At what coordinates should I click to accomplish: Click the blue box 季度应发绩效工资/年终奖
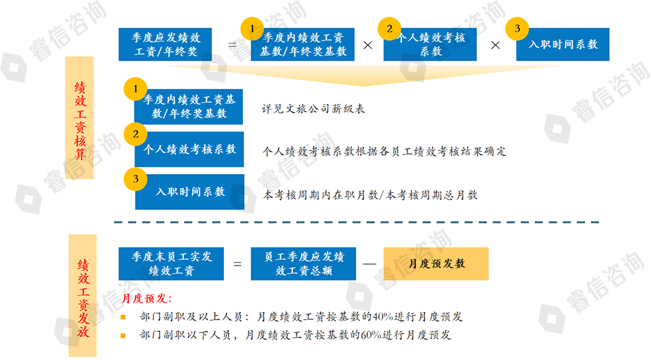pos(164,44)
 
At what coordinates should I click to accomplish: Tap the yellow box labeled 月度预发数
pos(436,264)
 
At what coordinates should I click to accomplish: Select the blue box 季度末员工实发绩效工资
pos(171,264)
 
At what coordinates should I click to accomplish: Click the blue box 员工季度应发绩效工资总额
pos(303,264)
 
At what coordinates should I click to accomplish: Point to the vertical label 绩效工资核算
pos(80,119)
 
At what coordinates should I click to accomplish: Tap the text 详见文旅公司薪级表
pos(313,109)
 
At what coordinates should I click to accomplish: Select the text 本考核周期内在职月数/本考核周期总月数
pos(371,195)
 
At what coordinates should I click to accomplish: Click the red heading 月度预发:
pos(146,299)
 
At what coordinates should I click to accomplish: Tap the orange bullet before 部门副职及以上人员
pos(123,317)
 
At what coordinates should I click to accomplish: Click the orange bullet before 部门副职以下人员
pos(123,336)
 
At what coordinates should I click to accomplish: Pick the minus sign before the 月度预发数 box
pos(369,264)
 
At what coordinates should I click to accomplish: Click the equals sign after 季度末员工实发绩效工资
pos(237,264)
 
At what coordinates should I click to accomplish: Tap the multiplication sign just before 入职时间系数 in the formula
pos(495,45)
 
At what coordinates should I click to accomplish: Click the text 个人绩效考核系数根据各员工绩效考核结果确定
pos(384,152)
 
